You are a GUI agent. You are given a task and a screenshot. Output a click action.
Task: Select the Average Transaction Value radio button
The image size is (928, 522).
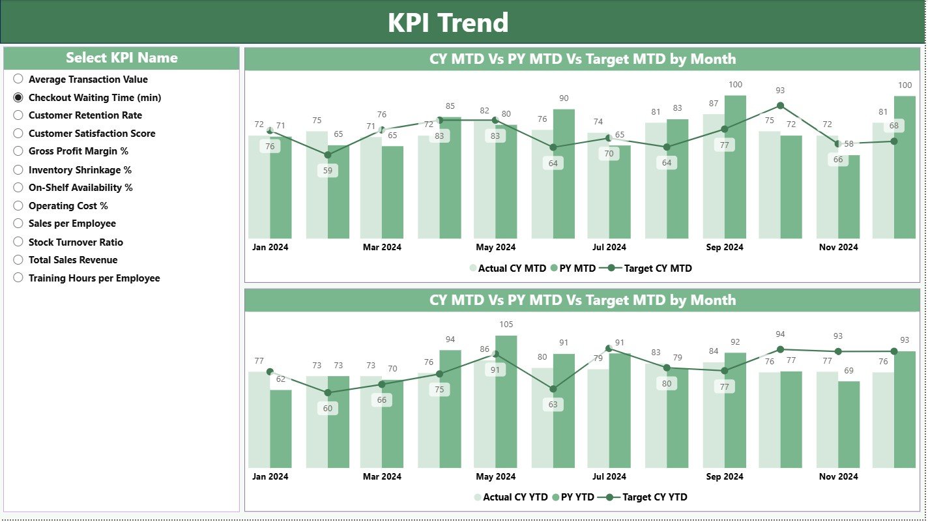[x=18, y=79]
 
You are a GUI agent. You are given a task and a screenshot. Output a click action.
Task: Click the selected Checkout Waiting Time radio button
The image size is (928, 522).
[x=18, y=97]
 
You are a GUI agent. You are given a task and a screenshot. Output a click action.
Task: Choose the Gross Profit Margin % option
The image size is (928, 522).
[x=18, y=151]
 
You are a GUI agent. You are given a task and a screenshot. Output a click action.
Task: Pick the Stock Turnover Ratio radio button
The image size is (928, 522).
[x=18, y=242]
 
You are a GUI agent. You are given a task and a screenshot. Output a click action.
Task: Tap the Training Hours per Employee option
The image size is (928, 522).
[x=18, y=278]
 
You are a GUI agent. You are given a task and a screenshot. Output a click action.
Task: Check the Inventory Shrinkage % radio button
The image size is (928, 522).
[x=18, y=169]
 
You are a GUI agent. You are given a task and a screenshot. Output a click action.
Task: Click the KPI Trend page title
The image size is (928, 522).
[x=448, y=23]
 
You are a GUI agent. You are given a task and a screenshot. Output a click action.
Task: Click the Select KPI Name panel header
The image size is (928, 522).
[x=122, y=58]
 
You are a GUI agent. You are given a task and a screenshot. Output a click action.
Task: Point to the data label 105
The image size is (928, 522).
[x=506, y=325]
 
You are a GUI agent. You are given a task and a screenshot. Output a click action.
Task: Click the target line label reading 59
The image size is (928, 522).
[x=327, y=171]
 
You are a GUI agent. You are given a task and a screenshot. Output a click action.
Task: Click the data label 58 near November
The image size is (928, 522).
[x=848, y=143]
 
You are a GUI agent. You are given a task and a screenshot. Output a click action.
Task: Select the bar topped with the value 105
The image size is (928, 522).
[x=506, y=401]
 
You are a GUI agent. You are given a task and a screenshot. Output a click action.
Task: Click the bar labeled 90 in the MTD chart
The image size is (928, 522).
[x=564, y=173]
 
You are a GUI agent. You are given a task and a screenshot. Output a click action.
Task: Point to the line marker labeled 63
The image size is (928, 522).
[x=553, y=389]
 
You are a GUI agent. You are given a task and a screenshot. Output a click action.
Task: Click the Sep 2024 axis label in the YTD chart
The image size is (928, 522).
[x=724, y=476]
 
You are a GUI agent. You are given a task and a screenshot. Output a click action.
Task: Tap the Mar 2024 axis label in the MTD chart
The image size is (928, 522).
[x=382, y=248]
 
